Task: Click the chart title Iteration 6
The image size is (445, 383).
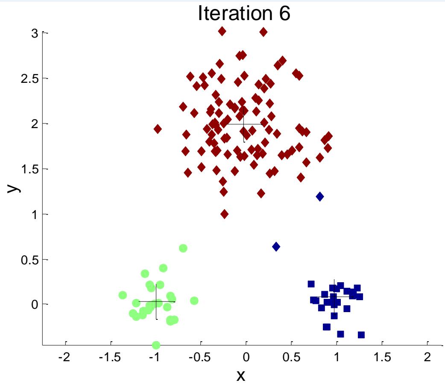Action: [244, 14]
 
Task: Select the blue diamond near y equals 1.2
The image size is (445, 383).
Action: [320, 196]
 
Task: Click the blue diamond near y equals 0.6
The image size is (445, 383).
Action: [276, 246]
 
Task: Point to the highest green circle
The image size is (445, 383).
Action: [183, 248]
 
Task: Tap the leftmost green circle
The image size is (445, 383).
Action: [123, 295]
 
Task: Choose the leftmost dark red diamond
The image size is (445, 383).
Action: [158, 129]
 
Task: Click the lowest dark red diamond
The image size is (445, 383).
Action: [225, 214]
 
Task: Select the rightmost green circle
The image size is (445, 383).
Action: [194, 301]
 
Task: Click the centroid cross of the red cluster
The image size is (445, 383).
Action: [243, 124]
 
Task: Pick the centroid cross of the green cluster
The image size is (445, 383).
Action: [156, 301]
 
